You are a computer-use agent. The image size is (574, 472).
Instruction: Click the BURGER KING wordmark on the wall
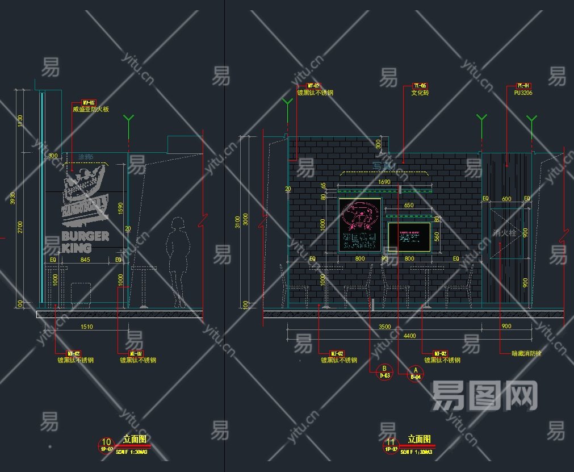(85, 241)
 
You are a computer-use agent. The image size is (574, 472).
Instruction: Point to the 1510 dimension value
(86, 327)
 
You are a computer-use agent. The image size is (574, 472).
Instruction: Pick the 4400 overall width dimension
(409, 336)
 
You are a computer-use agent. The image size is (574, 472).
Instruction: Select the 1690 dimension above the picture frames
(384, 182)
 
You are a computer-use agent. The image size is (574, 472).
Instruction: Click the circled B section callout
(384, 370)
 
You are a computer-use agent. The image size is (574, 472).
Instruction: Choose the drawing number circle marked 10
(106, 444)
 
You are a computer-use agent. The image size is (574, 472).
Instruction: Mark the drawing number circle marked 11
(391, 444)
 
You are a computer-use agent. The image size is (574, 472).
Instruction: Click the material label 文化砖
(420, 93)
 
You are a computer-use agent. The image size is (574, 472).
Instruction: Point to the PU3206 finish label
(523, 93)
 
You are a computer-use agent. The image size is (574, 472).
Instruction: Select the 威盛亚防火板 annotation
(91, 110)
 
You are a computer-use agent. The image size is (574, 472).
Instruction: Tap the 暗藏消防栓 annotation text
(526, 353)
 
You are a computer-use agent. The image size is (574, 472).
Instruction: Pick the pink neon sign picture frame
(360, 225)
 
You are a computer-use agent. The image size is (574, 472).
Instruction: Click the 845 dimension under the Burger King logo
(85, 260)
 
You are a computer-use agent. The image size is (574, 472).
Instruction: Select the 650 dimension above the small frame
(409, 204)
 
